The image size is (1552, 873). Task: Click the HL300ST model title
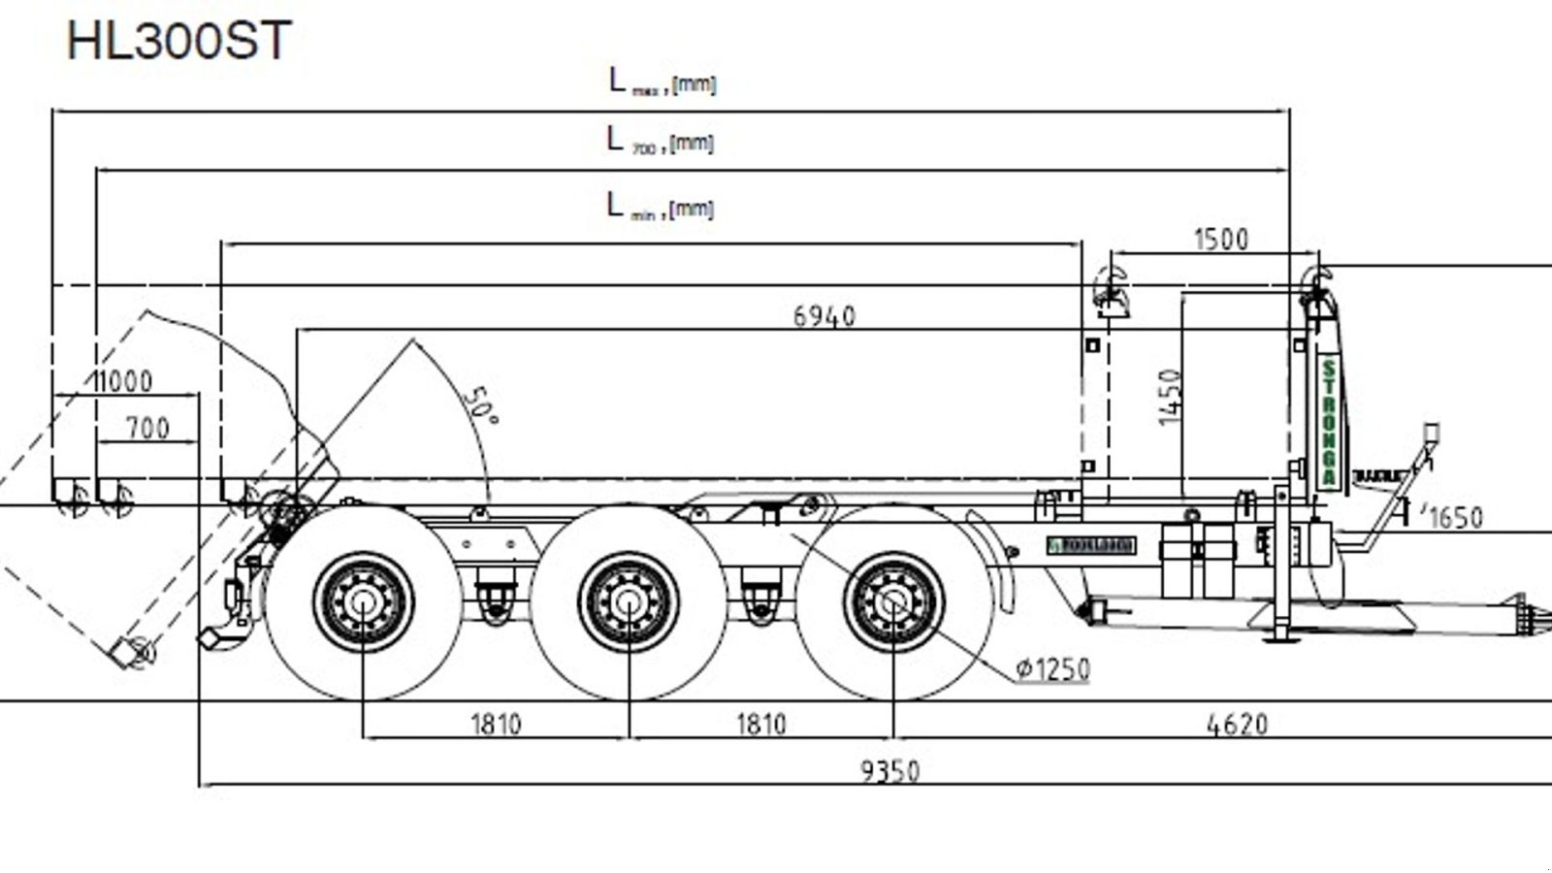(x=179, y=41)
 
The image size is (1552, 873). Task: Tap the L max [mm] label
(x=663, y=82)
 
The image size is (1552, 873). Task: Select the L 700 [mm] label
(x=661, y=142)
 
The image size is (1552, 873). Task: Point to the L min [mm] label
(x=661, y=207)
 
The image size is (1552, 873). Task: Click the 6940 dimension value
(x=824, y=316)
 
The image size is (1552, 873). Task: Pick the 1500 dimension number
(x=1220, y=239)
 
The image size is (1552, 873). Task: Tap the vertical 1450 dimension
(x=1171, y=396)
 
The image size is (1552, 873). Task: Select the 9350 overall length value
(x=889, y=771)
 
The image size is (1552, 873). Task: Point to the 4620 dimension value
(x=1237, y=724)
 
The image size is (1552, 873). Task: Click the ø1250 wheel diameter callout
(x=1053, y=669)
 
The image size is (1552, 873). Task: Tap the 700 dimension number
(x=147, y=428)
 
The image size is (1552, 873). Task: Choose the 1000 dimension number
(x=122, y=381)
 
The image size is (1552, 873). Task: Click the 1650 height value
(x=1456, y=518)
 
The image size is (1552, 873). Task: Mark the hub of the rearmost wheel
(x=363, y=602)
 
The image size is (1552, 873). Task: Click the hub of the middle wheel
(x=629, y=602)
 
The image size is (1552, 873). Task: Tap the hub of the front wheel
(x=893, y=602)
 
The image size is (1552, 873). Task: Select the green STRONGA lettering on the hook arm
(x=1328, y=423)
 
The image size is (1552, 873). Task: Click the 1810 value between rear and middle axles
(x=496, y=724)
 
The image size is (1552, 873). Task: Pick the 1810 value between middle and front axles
(x=761, y=724)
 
